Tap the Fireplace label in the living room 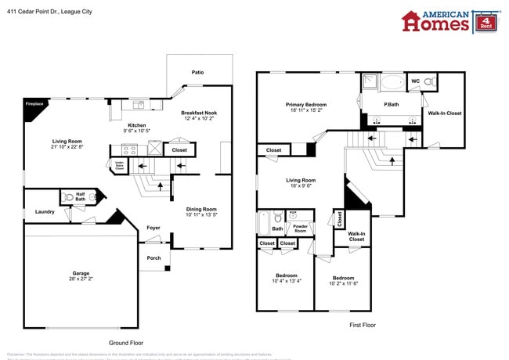tap(34, 103)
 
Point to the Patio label tap(198, 73)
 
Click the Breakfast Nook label tap(199, 113)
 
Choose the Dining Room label tap(201, 209)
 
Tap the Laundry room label tap(44, 212)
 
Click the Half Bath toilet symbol tap(69, 197)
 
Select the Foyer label tap(154, 228)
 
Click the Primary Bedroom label tap(306, 104)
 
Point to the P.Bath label tap(392, 104)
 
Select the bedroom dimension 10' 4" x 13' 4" tap(286, 280)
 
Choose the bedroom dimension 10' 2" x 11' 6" tap(343, 283)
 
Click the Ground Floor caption tap(125, 343)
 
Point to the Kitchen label tap(137, 125)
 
